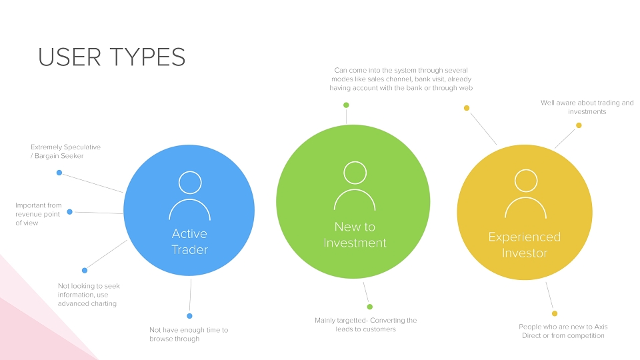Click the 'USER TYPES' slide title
(112, 57)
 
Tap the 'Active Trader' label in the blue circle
(189, 241)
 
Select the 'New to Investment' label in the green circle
(355, 235)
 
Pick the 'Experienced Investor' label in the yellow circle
(525, 245)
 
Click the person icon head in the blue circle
(190, 182)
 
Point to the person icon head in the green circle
(355, 173)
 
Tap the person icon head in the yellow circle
(526, 181)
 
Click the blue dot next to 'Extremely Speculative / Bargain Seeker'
(59, 173)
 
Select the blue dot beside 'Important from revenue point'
(70, 212)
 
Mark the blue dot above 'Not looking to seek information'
(85, 270)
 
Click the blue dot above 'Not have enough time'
(189, 316)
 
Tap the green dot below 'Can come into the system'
(346, 105)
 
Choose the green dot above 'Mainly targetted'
(370, 307)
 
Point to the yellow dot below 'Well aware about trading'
(579, 125)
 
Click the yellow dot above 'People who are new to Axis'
(555, 313)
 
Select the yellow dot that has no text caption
(467, 108)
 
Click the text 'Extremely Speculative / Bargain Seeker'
(66, 151)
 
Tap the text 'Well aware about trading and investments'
(587, 107)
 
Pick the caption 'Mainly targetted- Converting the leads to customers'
(366, 325)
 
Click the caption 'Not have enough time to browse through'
(189, 334)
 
